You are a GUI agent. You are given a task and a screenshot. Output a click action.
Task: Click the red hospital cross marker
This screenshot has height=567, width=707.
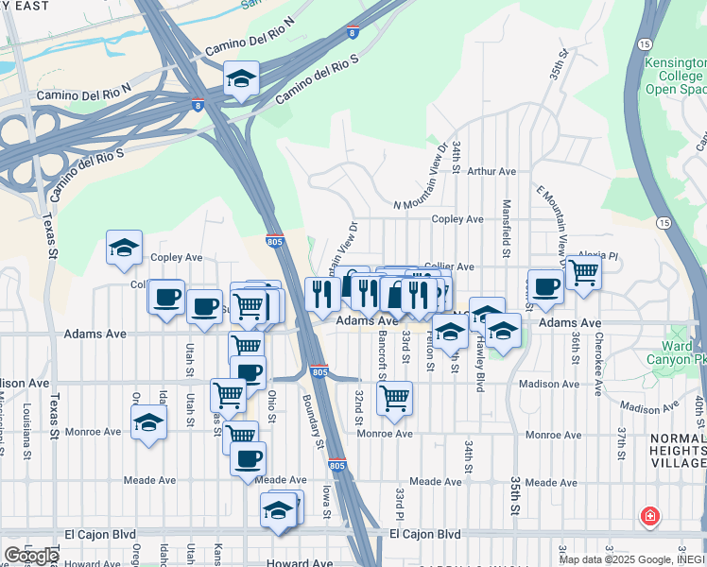tap(649, 516)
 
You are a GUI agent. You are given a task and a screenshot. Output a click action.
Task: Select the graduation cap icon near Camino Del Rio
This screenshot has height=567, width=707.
tap(242, 80)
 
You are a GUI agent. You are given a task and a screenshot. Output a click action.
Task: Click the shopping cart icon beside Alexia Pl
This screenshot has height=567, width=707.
tap(584, 272)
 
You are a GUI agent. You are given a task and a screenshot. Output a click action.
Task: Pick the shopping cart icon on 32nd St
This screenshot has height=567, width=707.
tap(394, 398)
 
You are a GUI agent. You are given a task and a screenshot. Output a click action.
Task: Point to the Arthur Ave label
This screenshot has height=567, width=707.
tap(491, 171)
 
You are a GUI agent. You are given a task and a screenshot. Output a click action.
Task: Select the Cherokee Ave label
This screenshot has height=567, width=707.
tap(598, 374)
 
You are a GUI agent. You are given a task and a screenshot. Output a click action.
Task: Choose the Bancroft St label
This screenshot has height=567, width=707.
tap(382, 355)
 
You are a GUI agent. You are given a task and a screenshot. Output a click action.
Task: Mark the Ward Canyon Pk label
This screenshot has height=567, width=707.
tap(675, 352)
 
